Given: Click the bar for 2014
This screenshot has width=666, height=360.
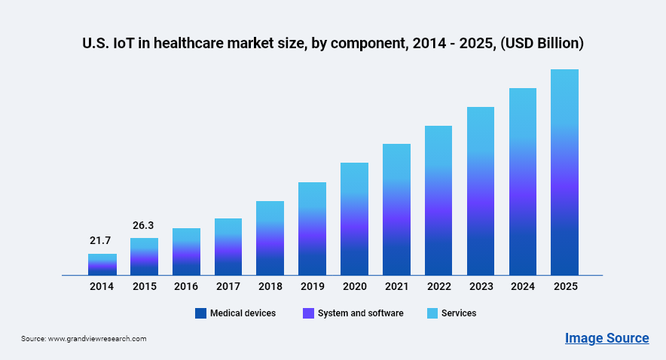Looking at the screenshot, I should [102, 264].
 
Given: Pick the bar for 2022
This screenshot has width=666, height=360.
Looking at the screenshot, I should [438, 200].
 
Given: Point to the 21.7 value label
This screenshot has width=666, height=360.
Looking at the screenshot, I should [100, 240].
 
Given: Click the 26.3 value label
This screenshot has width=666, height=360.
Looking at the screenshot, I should [144, 224].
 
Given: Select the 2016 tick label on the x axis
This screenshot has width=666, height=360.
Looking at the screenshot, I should [186, 287].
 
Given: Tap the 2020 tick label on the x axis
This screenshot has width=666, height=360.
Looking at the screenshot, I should [354, 287].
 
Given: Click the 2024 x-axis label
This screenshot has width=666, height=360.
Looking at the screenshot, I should [522, 287].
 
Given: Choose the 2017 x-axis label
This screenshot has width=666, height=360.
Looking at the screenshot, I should [228, 287].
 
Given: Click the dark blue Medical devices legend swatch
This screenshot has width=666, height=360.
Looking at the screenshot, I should [200, 313].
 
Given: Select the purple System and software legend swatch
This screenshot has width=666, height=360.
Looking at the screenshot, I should [308, 313].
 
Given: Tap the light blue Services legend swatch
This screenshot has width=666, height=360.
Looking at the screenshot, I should [432, 313].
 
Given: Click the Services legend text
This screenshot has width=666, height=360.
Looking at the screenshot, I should [459, 313].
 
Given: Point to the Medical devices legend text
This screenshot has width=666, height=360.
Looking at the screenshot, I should [243, 313].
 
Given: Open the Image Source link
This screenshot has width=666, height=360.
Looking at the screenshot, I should [606, 338].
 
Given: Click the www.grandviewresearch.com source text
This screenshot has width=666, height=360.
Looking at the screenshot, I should [97, 339].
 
